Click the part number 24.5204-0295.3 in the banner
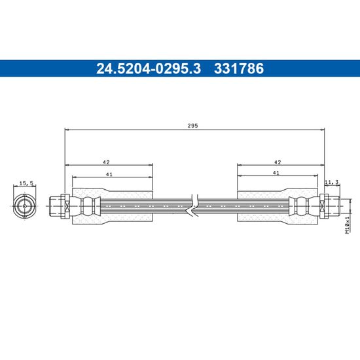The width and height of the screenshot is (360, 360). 149,69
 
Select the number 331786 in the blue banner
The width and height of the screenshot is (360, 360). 239,69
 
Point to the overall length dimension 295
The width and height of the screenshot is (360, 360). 192,126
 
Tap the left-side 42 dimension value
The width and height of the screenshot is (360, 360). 106,162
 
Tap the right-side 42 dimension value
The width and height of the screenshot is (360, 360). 278,162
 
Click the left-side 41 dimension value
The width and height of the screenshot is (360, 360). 109,175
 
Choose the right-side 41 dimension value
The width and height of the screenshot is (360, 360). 276,173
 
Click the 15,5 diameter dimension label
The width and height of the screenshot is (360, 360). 26,183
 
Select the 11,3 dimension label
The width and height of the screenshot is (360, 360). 332,182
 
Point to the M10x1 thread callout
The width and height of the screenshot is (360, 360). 348,225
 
